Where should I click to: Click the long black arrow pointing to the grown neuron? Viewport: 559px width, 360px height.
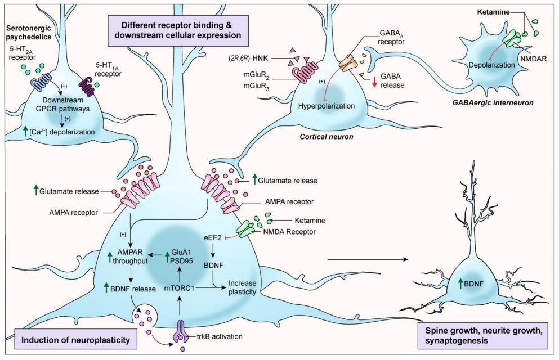coord(366,259)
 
